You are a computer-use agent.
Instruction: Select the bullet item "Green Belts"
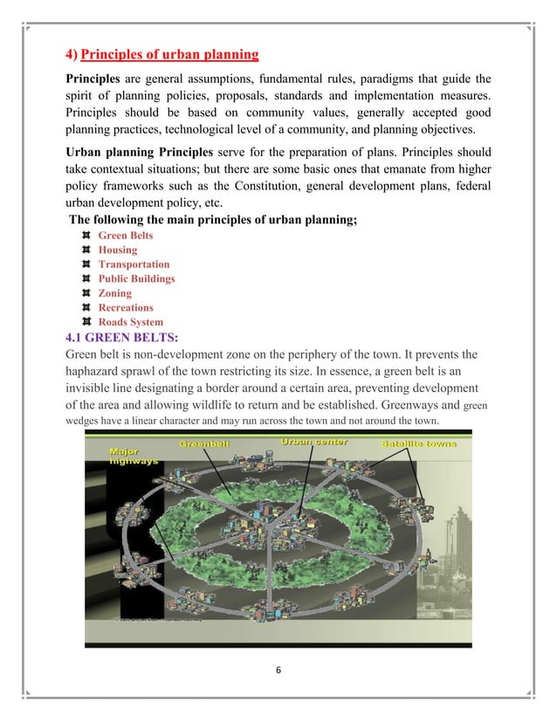point(126,235)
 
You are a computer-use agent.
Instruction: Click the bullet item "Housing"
point(118,250)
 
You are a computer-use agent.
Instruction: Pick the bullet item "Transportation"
point(134,264)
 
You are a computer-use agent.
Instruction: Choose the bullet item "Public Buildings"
point(136,278)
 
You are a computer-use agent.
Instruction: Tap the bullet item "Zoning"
point(115,293)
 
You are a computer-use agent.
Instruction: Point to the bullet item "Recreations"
point(125,307)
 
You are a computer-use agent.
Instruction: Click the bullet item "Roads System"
point(130,322)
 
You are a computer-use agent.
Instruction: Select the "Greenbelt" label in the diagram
point(205,443)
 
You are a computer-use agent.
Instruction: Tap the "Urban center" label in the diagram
point(313,443)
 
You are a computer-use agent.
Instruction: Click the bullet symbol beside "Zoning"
point(86,293)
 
